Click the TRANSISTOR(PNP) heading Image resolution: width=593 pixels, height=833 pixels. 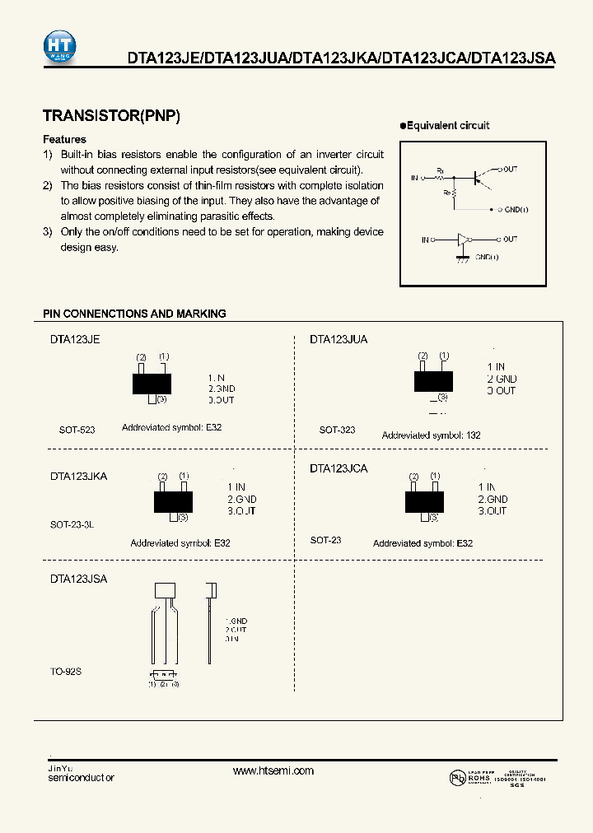coord(111,116)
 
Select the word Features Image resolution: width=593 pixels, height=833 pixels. coord(64,139)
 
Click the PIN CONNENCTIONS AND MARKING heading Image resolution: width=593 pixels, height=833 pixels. coord(134,314)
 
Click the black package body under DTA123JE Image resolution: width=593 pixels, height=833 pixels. coord(152,384)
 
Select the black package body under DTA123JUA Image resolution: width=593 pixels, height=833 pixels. coord(433,380)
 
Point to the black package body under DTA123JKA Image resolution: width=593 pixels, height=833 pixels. coord(173,501)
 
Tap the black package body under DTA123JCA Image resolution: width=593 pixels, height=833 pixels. coord(424,500)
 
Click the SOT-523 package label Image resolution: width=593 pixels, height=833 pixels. coord(77,430)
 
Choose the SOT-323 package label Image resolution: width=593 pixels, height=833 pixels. coord(337,430)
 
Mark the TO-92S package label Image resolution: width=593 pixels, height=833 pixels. coord(66,671)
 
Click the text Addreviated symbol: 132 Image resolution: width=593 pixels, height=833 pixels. coord(431,435)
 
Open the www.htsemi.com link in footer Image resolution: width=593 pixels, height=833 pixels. coord(273,770)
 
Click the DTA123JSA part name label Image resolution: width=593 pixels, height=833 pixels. coord(78,579)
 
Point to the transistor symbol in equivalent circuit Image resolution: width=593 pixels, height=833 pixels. coord(479,176)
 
